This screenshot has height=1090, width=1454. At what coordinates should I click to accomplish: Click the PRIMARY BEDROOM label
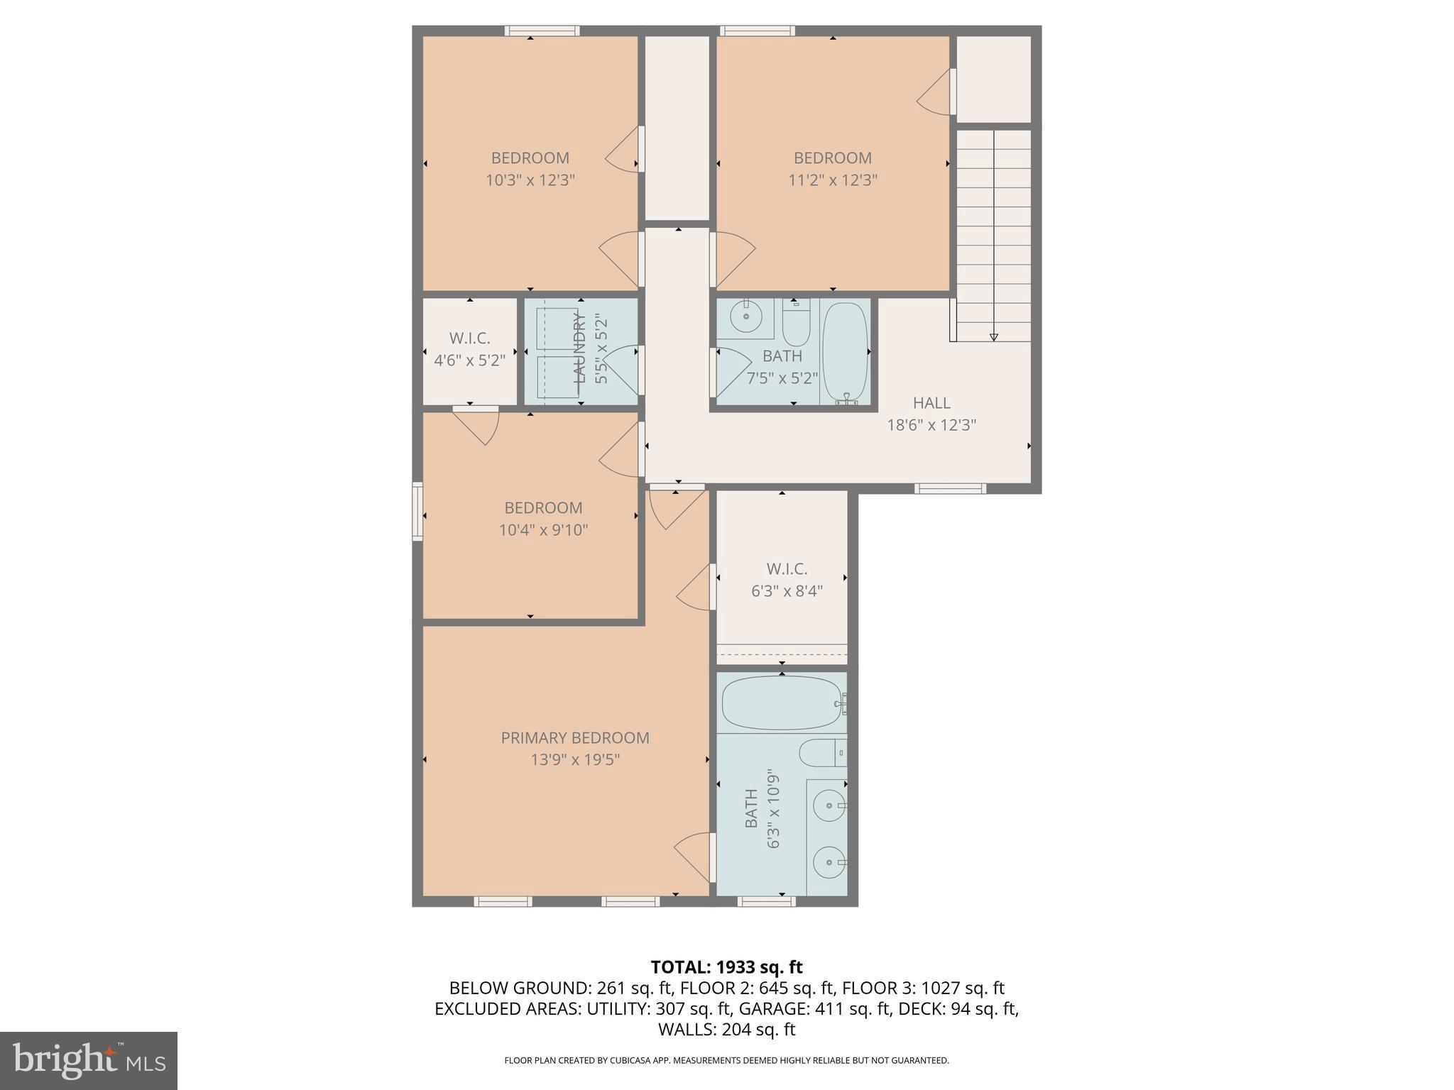[575, 738]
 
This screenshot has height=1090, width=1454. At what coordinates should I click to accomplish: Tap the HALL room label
[931, 403]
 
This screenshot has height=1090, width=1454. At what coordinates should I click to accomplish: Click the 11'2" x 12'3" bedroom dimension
[833, 180]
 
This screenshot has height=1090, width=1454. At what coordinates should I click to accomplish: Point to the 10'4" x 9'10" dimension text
[543, 530]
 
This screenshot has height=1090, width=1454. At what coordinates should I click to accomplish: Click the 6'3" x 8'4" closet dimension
[787, 591]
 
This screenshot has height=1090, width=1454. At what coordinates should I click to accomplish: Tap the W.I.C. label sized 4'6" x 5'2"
[469, 338]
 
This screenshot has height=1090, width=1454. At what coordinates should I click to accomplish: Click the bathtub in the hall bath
[845, 352]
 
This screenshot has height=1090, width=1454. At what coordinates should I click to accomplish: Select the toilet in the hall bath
[795, 326]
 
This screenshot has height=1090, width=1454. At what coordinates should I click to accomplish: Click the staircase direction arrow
[993, 337]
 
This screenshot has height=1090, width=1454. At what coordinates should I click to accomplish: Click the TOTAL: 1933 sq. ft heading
[726, 967]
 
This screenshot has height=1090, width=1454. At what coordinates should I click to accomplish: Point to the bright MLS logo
[89, 1060]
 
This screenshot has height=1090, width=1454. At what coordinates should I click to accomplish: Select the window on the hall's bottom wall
[950, 488]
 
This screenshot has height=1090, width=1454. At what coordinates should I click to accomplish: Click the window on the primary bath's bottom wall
[765, 901]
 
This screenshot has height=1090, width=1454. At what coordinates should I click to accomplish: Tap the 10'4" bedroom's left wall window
[417, 512]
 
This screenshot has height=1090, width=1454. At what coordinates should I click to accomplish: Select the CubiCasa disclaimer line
[726, 1061]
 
